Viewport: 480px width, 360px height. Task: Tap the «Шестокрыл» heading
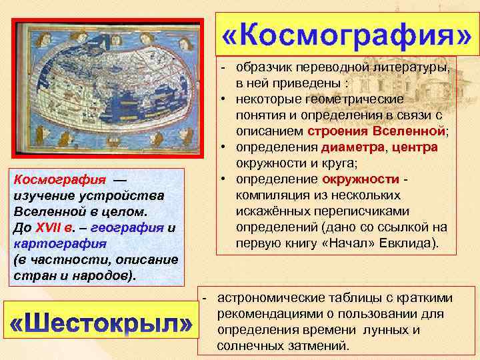pyautogui.click(x=102, y=325)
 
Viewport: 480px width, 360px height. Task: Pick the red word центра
pyautogui.click(x=415, y=147)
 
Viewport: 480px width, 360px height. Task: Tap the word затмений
pyautogui.click(x=314, y=346)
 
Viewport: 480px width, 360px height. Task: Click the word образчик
pyautogui.click(x=263, y=68)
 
